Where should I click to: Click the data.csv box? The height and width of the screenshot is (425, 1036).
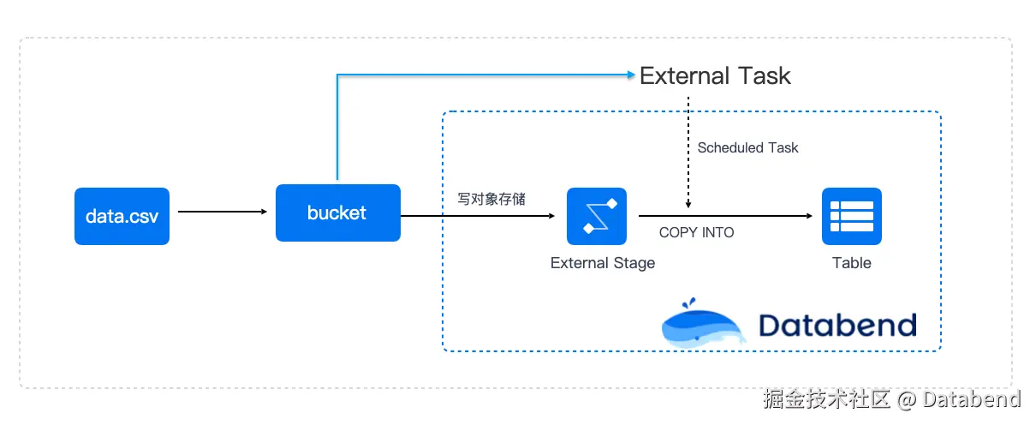[x=122, y=216]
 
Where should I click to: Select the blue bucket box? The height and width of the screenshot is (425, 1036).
[x=338, y=213]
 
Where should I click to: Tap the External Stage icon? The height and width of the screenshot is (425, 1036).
[x=597, y=216]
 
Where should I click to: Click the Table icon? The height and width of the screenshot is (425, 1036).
[x=852, y=216]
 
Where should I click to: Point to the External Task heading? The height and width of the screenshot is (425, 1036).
[x=715, y=75]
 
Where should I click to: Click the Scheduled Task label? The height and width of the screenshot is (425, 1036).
[x=747, y=147]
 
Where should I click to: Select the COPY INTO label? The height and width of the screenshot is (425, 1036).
[x=697, y=232]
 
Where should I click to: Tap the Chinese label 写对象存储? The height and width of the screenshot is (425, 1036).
[x=491, y=199]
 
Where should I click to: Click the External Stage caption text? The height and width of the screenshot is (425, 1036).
[x=603, y=263]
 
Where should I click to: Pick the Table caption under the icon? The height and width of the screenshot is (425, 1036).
[x=852, y=263]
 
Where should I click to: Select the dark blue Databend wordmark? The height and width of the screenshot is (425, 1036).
[x=837, y=325]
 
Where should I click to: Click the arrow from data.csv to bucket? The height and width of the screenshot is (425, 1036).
[x=223, y=212]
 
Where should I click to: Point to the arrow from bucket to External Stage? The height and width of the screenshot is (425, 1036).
[x=478, y=216]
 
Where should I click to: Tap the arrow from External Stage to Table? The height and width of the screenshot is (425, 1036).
[x=726, y=216]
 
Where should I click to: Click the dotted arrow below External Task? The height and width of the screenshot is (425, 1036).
[x=688, y=153]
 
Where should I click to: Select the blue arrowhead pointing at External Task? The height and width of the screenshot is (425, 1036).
[x=631, y=75]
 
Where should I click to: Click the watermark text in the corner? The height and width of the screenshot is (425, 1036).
[x=892, y=399]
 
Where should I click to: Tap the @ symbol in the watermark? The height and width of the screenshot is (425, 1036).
[x=907, y=400]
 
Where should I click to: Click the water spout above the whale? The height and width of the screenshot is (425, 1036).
[x=688, y=303]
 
